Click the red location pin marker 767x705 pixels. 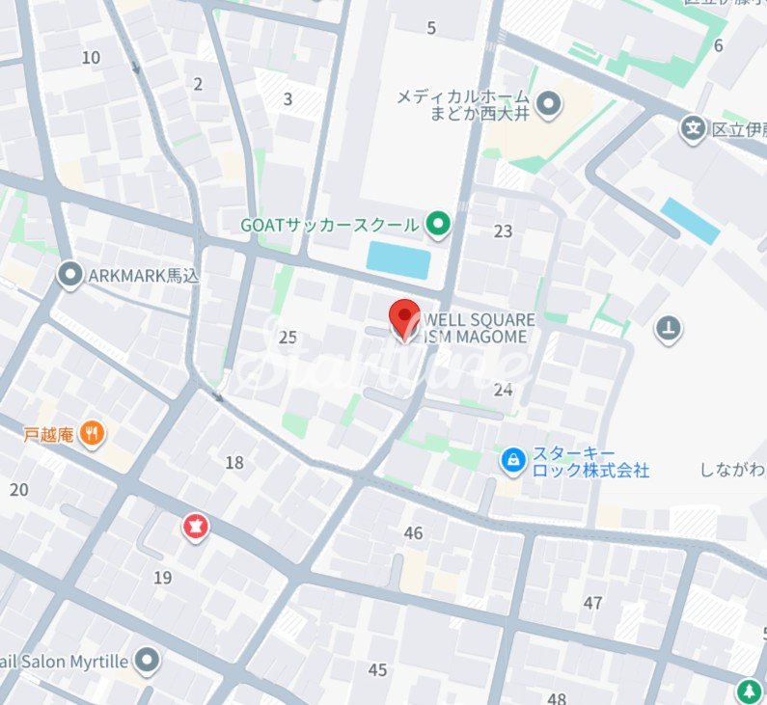(403, 318)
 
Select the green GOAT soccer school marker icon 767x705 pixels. (439, 226)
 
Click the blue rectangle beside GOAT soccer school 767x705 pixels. (398, 260)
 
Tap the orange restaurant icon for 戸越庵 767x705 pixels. (93, 434)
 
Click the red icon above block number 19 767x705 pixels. (196, 527)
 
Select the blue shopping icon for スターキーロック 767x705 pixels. (513, 461)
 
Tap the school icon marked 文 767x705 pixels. (692, 127)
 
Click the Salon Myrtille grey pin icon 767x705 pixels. (147, 661)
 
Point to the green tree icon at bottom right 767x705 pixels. (749, 691)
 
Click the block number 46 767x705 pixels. (414, 533)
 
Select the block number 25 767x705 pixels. (288, 338)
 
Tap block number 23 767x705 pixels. (503, 230)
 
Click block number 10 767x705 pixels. (91, 58)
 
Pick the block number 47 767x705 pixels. (592, 603)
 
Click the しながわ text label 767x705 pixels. (732, 470)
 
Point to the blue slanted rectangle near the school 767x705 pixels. (690, 221)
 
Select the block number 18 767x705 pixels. (234, 463)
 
